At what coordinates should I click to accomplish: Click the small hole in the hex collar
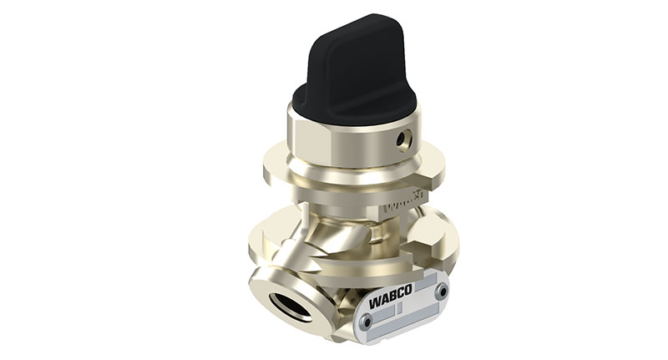point(404,138)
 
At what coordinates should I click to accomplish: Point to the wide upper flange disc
point(284,171)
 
